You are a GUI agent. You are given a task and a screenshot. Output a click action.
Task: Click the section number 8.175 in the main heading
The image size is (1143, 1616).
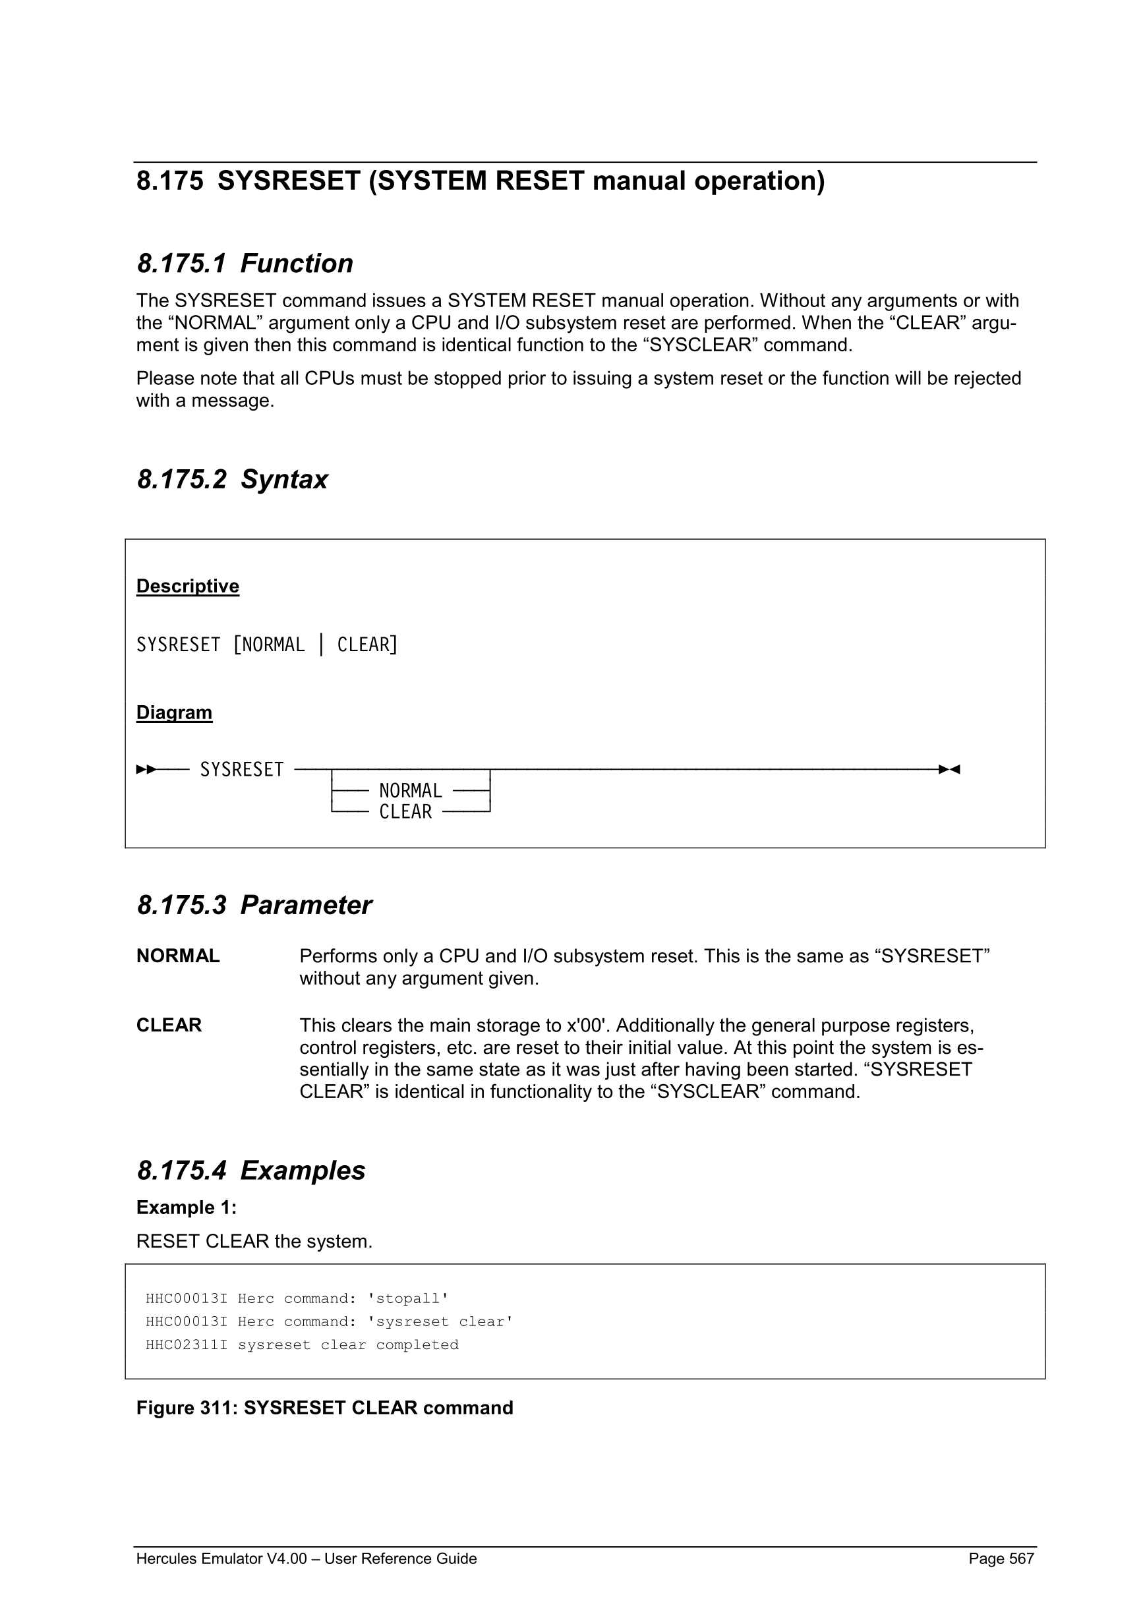(x=169, y=182)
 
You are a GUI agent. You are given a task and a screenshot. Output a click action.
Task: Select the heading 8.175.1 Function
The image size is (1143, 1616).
(x=245, y=263)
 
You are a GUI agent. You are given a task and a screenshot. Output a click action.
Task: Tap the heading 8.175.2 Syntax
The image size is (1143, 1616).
(x=231, y=479)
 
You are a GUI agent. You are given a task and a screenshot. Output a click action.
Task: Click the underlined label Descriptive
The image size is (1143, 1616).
(x=187, y=587)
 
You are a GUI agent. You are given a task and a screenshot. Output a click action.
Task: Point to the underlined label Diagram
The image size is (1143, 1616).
(x=174, y=712)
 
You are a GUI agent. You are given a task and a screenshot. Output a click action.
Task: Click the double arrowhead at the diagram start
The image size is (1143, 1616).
(x=146, y=769)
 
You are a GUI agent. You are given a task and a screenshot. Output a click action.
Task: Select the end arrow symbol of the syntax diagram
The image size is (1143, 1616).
(x=949, y=769)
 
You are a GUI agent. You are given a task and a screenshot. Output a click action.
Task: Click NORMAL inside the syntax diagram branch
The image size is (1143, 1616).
(x=410, y=791)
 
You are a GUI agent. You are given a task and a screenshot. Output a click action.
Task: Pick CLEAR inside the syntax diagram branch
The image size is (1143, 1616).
(x=405, y=812)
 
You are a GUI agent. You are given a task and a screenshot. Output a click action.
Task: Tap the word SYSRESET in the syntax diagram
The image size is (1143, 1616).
(x=241, y=770)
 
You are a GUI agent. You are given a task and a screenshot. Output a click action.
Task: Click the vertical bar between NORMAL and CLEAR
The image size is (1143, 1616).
(x=322, y=645)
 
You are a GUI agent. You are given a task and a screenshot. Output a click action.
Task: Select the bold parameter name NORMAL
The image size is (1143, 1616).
(x=178, y=956)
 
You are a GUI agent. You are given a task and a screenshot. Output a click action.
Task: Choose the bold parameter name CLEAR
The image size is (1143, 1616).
(x=169, y=1025)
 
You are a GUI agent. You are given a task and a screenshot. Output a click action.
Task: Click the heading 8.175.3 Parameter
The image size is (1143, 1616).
(x=253, y=905)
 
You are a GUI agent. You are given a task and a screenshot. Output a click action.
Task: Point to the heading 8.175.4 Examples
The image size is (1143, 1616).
(x=250, y=1170)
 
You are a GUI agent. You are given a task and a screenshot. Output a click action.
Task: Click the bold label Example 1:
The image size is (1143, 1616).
(x=186, y=1207)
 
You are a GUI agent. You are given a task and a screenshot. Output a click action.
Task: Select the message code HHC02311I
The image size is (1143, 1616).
(x=187, y=1345)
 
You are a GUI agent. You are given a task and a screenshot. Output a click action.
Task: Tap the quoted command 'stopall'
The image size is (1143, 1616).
(x=407, y=1298)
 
